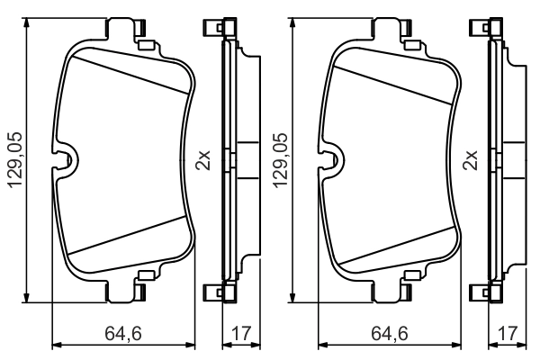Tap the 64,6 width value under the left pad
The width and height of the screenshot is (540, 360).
point(123,334)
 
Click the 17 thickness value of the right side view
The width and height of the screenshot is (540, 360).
point(506,334)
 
